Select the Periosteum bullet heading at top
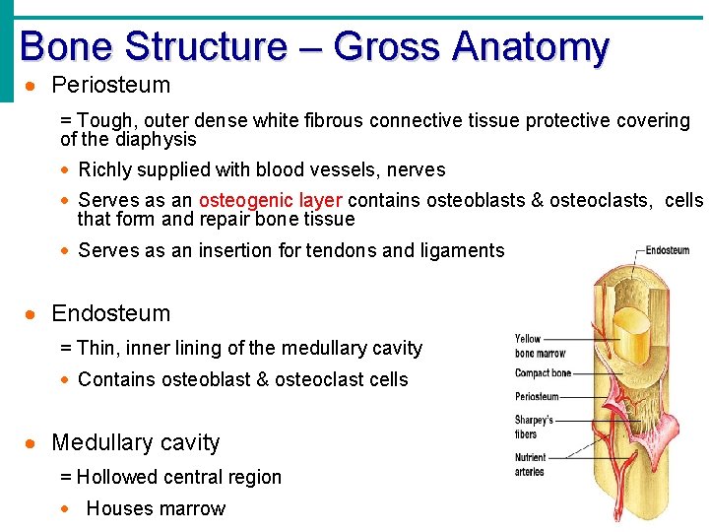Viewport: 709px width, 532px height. click(110, 86)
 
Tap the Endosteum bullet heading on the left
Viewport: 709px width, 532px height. click(110, 313)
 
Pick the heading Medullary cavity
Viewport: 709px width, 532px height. click(135, 442)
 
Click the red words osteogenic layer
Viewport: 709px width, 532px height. click(270, 200)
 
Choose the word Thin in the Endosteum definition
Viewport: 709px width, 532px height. click(96, 348)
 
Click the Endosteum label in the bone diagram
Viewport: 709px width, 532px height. click(668, 251)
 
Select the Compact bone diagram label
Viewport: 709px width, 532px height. click(543, 373)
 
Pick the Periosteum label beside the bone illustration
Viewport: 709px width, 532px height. click(537, 397)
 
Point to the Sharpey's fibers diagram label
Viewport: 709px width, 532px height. click(533, 427)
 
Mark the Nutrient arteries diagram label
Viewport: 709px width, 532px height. click(531, 464)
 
